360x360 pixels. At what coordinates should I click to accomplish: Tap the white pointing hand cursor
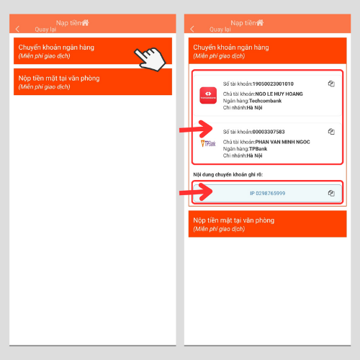point(150,59)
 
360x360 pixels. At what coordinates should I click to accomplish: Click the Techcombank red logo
point(208,95)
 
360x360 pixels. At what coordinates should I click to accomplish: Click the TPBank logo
point(208,143)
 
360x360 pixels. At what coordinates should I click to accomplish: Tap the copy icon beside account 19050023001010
point(331,84)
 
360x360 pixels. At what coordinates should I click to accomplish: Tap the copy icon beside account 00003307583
point(331,132)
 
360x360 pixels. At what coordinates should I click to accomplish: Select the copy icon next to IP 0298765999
point(331,193)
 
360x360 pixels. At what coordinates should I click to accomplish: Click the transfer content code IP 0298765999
point(268,193)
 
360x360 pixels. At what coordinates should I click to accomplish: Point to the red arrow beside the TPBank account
point(196,129)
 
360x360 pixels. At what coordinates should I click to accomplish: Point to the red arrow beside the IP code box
point(196,192)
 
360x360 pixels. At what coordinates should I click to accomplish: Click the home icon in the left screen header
point(85,22)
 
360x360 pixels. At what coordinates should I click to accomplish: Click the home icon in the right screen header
point(260,22)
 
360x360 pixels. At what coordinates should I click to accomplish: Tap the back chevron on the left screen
point(17,29)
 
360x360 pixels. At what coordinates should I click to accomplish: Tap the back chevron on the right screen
point(192,29)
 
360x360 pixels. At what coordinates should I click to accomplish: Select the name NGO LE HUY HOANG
point(279,94)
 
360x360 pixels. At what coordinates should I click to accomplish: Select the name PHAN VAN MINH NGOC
point(282,142)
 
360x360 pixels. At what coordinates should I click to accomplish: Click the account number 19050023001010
point(273,84)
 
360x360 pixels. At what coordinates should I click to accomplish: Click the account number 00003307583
point(269,132)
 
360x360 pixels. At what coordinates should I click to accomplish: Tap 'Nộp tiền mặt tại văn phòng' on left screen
point(59,78)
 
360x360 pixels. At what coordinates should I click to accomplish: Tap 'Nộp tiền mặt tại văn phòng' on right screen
point(234,220)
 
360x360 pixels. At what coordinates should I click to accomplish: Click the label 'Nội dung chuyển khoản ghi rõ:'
point(228,174)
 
